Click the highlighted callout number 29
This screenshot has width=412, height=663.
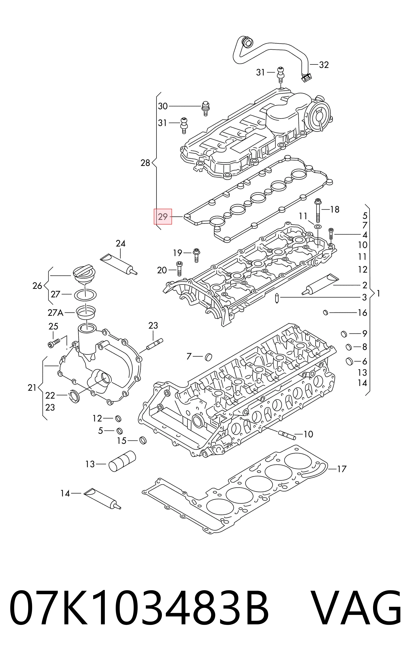click(163, 217)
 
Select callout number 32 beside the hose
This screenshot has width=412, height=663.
click(324, 65)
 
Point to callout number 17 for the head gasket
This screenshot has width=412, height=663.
click(342, 469)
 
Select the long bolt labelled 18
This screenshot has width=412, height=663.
click(318, 211)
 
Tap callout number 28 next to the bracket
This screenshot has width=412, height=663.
click(145, 163)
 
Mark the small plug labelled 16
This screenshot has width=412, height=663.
click(325, 312)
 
